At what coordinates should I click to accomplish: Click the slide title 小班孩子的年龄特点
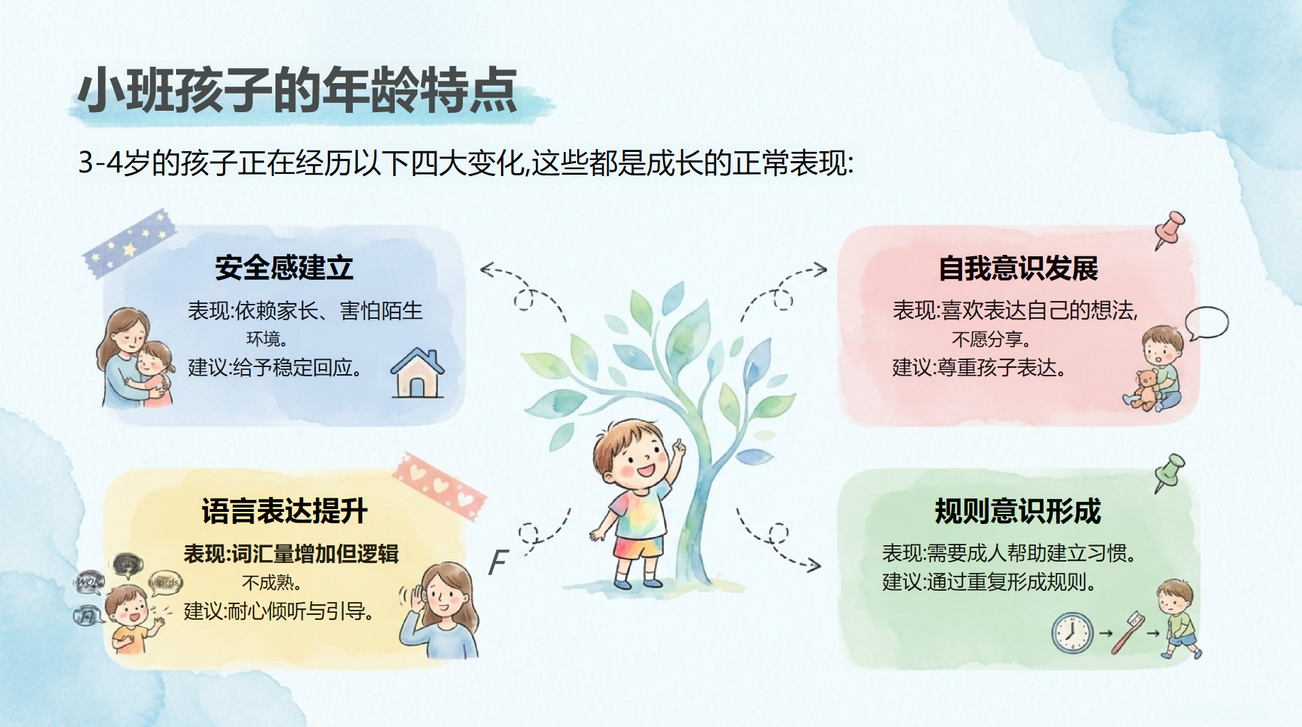(297, 90)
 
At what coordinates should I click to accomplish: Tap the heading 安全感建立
(284, 268)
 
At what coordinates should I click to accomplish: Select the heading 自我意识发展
(1018, 268)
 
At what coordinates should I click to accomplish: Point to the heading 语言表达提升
(284, 510)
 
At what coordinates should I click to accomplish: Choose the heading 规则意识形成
(1018, 510)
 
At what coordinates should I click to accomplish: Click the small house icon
(417, 373)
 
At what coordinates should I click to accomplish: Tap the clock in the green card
(1072, 633)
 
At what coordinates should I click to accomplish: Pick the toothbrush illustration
(1127, 632)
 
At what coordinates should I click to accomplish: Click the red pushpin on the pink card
(1169, 229)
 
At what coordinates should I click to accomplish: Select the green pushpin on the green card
(1169, 471)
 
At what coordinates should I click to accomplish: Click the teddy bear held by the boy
(1144, 390)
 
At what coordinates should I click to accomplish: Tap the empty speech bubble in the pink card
(1206, 323)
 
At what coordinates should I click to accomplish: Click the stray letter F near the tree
(498, 562)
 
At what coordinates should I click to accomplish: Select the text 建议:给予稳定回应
(275, 368)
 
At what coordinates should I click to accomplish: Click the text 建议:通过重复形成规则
(989, 582)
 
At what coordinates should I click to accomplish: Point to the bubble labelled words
(165, 583)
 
